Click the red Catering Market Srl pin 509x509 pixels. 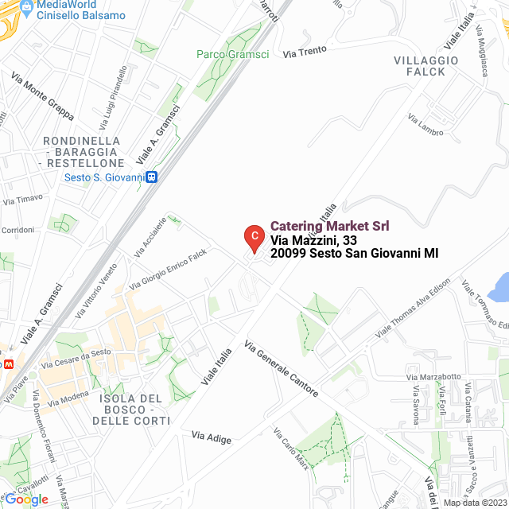tap(253, 237)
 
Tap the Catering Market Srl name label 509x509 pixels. tap(329, 226)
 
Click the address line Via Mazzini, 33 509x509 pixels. tap(313, 240)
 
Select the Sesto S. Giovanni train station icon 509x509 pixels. tap(150, 177)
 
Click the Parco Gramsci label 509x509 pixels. tap(232, 54)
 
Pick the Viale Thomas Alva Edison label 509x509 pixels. tap(413, 307)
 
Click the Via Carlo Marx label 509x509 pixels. tap(290, 449)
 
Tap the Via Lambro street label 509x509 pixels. tap(425, 126)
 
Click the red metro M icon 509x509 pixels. tap(8, 363)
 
